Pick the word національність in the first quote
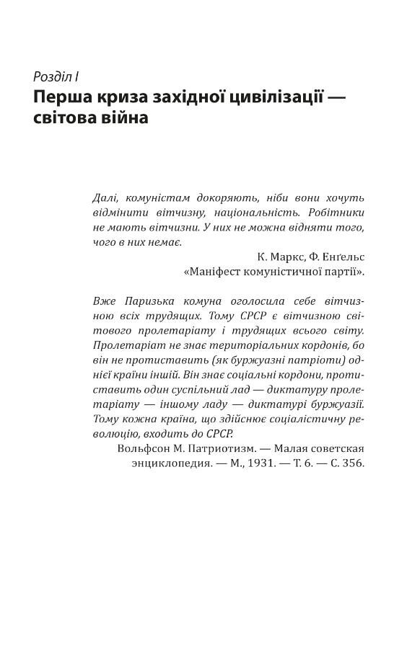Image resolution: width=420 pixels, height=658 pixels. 256,213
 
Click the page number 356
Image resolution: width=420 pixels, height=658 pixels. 354,463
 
